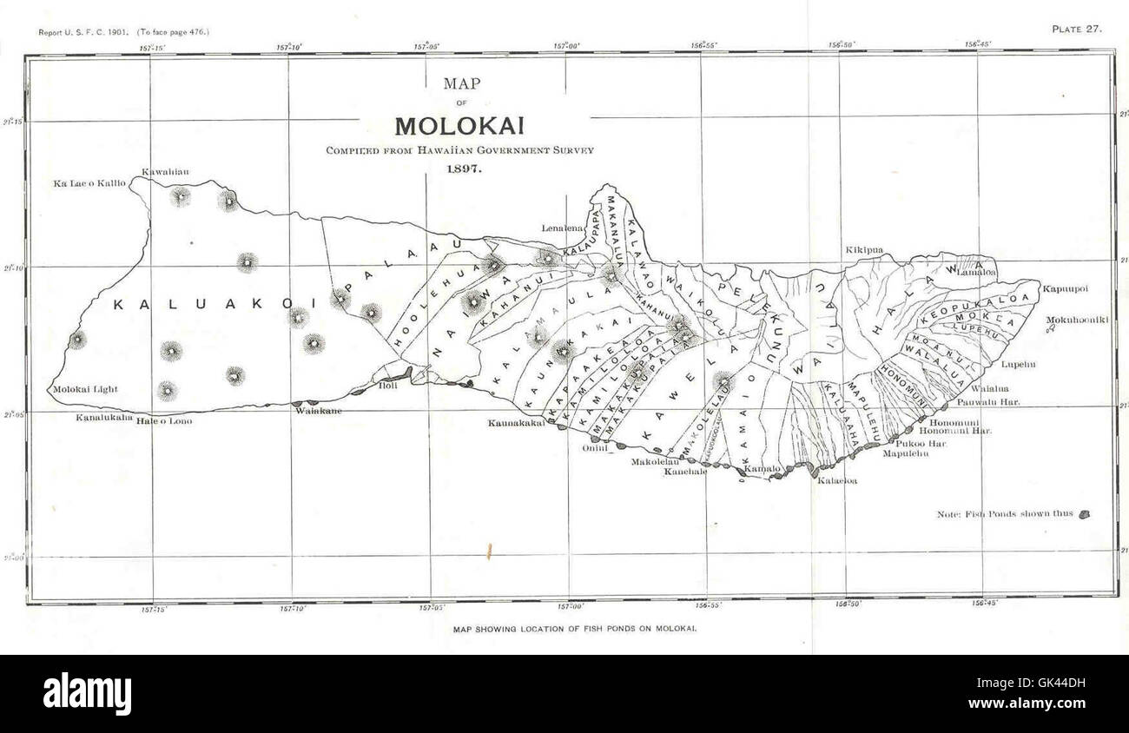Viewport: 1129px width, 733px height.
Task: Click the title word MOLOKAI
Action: pos(459,126)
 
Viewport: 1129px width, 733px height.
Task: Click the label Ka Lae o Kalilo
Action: pos(89,183)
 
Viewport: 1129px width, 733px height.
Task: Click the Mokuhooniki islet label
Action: pos(1075,320)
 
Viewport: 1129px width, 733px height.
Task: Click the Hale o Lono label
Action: pos(164,421)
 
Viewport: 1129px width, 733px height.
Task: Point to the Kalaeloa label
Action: pos(837,479)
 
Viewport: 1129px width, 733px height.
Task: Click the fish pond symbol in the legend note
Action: pos(1084,514)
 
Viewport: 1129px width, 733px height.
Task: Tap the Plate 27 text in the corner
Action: pos(1076,29)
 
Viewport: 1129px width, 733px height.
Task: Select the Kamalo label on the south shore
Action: pos(763,469)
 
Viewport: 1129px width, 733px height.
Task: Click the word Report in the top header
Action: pos(54,32)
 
